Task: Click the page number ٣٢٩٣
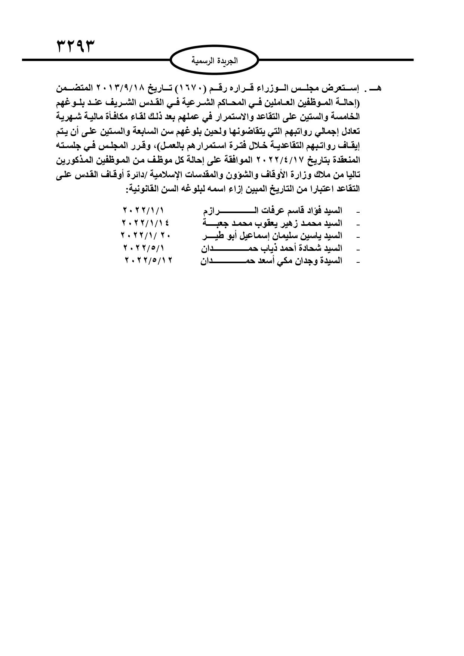click(76, 47)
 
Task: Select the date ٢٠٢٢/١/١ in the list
click(144, 210)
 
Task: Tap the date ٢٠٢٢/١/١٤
click(145, 223)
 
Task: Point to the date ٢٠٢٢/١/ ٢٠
click(145, 235)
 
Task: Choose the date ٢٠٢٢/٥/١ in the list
click(144, 248)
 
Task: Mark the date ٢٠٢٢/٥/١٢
click(149, 261)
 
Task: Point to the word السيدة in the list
click(332, 261)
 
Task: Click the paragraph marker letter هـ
click(375, 89)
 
